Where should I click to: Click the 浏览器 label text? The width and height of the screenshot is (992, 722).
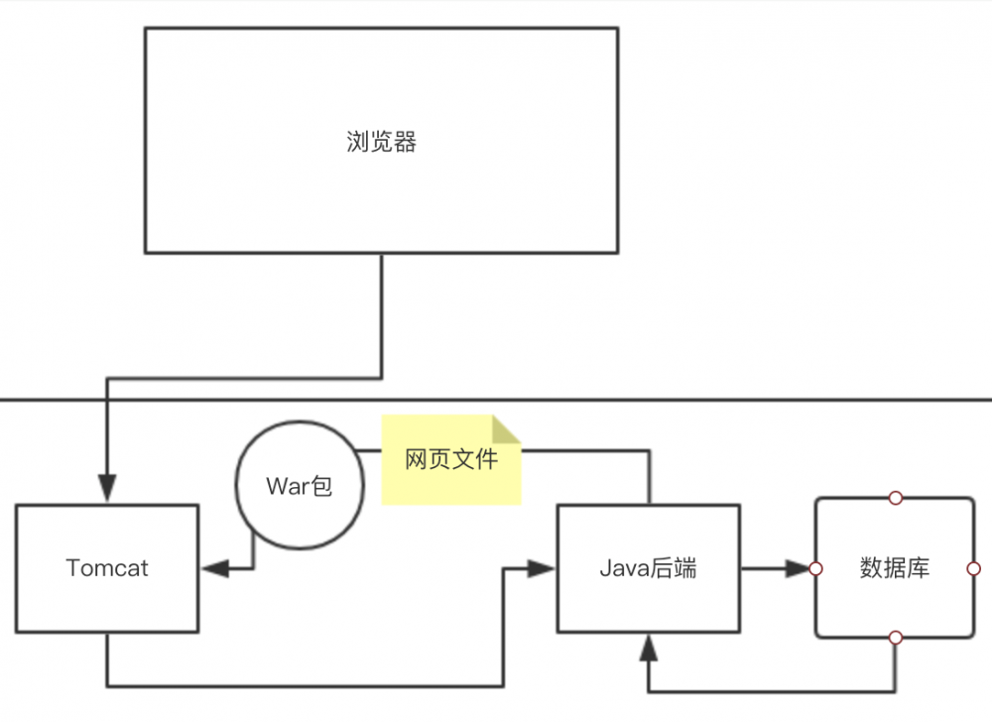(381, 142)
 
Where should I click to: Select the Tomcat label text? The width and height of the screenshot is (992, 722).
(107, 568)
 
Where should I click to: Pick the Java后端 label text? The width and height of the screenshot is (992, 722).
(648, 568)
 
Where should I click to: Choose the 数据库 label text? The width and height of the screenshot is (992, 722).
(894, 568)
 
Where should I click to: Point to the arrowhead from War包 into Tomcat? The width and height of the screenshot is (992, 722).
(215, 568)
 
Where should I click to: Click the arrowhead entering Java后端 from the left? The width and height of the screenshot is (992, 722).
(541, 568)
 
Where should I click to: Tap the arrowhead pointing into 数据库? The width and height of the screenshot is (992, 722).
(800, 568)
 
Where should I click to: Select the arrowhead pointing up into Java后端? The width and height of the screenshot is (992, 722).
(649, 649)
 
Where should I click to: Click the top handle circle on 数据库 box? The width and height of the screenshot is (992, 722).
(895, 498)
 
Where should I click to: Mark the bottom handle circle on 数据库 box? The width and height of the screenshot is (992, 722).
(895, 638)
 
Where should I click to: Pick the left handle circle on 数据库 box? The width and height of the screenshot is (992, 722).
(815, 568)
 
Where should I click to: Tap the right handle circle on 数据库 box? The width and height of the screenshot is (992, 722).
(973, 568)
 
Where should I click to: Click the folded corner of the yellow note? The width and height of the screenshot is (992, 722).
(508, 428)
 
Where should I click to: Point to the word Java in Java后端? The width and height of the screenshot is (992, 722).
(622, 568)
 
